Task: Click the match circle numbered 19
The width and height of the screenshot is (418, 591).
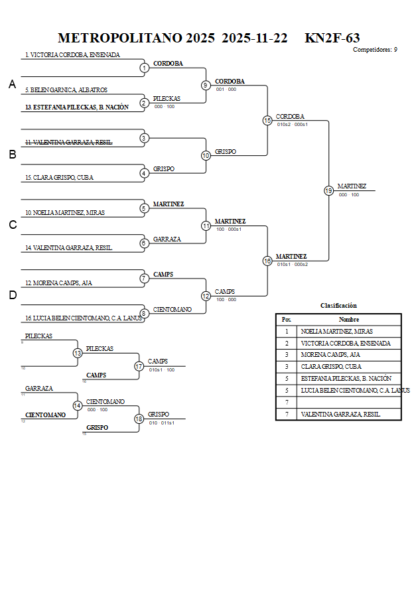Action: tap(328, 190)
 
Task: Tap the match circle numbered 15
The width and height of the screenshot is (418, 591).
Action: tap(267, 120)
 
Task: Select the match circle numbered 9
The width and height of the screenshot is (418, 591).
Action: tap(206, 85)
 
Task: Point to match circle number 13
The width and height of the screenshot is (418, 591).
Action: tap(78, 353)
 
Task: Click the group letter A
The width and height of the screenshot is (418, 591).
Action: tap(12, 84)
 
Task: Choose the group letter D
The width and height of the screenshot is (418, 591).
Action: tap(12, 295)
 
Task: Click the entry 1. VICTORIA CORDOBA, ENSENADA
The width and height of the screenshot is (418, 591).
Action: tap(72, 55)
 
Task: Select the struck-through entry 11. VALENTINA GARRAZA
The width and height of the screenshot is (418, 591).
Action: tap(68, 143)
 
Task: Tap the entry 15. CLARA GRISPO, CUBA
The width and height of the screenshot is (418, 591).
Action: tap(59, 178)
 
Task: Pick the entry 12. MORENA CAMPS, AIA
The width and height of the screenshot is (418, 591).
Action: tap(58, 283)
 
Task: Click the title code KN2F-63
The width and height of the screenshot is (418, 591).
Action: tap(332, 38)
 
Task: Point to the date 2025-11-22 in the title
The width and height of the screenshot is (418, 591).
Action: tap(254, 38)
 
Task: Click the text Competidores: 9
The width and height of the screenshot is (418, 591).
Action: tap(375, 50)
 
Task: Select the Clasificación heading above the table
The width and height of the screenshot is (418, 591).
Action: tap(338, 306)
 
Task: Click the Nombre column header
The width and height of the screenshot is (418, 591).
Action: tap(348, 319)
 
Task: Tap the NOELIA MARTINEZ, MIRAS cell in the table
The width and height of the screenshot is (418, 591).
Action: tap(336, 331)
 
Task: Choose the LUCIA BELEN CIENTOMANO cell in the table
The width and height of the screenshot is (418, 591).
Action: tap(355, 391)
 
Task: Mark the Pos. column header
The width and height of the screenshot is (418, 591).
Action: tap(287, 319)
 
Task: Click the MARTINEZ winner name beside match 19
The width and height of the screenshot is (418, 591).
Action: tap(352, 186)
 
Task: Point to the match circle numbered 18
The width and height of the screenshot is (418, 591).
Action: tap(139, 419)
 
